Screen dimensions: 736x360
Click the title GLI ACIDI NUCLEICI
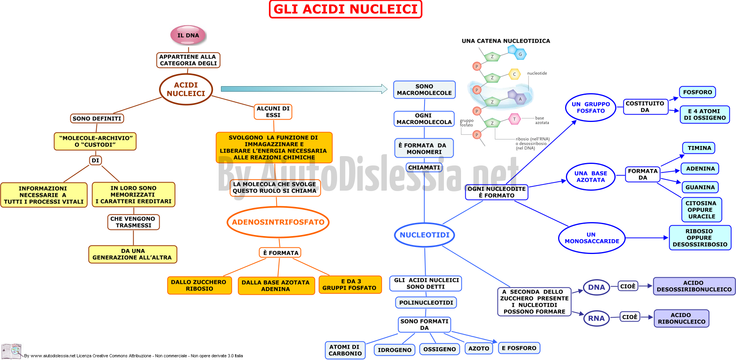click(345, 9)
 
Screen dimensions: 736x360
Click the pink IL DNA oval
click(188, 35)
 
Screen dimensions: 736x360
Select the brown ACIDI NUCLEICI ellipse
click(186, 89)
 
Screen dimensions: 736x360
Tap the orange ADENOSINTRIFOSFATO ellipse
click(278, 222)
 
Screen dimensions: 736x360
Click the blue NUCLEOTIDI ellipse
click(425, 235)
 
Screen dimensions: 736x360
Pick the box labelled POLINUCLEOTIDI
click(426, 303)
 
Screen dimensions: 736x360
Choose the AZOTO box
click(479, 348)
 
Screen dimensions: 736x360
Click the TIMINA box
click(699, 148)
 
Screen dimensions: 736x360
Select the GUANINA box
click(700, 187)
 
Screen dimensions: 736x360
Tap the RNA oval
click(596, 318)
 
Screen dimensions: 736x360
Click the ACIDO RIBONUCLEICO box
click(682, 318)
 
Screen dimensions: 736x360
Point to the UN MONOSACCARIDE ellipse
click(592, 238)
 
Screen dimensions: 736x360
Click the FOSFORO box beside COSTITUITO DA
click(698, 92)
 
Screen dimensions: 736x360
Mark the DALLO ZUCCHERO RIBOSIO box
click(199, 285)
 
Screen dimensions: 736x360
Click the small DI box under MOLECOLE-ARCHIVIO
click(95, 160)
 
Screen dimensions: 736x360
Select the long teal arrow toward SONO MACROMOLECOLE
click(304, 89)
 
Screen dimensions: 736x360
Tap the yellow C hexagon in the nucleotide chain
click(515, 74)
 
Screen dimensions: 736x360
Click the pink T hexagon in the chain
click(515, 119)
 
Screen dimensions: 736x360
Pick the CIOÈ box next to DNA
click(628, 286)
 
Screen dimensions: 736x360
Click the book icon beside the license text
click(11, 351)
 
